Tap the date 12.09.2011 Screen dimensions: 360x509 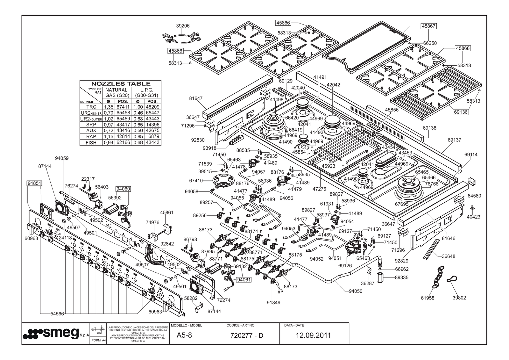pyautogui.click(x=313, y=335)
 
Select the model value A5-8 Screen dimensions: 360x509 pyautogui.click(x=184, y=335)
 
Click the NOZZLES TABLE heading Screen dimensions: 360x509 pyautogui.click(x=120, y=83)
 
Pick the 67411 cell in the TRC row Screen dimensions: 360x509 pyautogui.click(x=123, y=107)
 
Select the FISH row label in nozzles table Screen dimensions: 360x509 pyautogui.click(x=91, y=143)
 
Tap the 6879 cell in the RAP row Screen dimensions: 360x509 pyautogui.click(x=152, y=137)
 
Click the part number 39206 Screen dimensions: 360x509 pyautogui.click(x=183, y=26)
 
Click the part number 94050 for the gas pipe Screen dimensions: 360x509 pyautogui.click(x=356, y=291)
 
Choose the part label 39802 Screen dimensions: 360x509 pyautogui.click(x=459, y=298)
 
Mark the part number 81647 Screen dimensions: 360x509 pyautogui.click(x=195, y=98)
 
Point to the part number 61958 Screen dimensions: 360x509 pyautogui.click(x=427, y=298)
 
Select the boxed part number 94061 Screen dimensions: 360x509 pyautogui.click(x=244, y=279)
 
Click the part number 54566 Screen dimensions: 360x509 pyautogui.click(x=57, y=314)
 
